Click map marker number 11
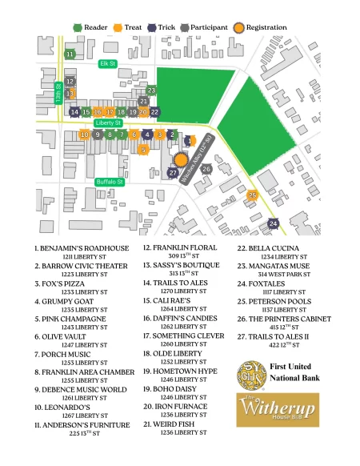(x=70, y=54)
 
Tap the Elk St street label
(x=107, y=62)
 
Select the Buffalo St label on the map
(x=110, y=183)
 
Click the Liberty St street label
(x=107, y=123)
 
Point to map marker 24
(x=274, y=223)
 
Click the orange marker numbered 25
(x=253, y=195)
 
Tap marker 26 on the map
(x=206, y=169)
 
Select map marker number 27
(x=174, y=173)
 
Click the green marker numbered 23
(x=151, y=90)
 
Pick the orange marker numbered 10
(x=84, y=135)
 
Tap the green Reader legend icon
(x=78, y=27)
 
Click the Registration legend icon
(x=239, y=27)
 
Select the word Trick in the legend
(x=166, y=27)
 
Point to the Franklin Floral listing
(x=174, y=248)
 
